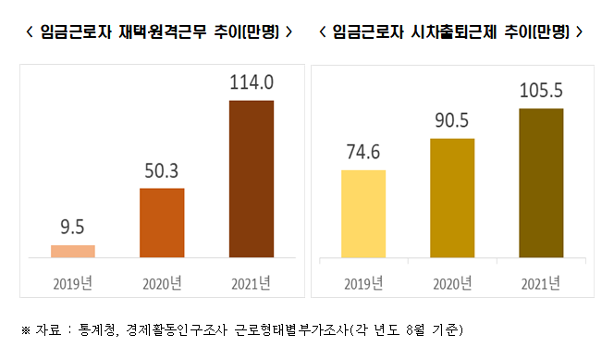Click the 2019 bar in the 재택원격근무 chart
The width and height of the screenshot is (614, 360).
click(x=73, y=251)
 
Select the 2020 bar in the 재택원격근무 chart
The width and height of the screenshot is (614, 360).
click(x=162, y=222)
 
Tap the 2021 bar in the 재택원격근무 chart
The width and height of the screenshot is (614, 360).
click(x=251, y=178)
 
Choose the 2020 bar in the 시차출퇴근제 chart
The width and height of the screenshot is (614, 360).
click(x=452, y=197)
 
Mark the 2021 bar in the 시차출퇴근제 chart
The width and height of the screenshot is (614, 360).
click(x=541, y=182)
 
